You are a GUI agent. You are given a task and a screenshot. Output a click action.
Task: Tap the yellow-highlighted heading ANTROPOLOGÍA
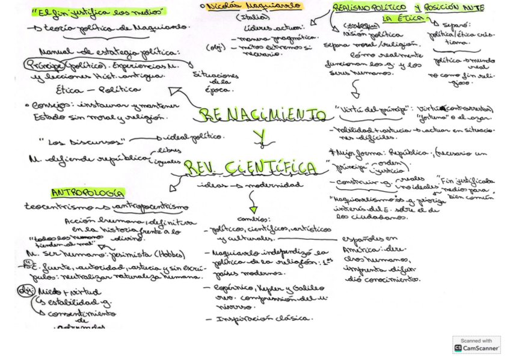pyautogui.click(x=88, y=193)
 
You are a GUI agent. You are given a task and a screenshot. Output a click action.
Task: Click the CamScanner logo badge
pyautogui.click(x=476, y=344)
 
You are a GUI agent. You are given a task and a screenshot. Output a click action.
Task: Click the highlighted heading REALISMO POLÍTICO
pyautogui.click(x=370, y=7)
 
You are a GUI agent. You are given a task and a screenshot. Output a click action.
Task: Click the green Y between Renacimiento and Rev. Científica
pyautogui.click(x=260, y=138)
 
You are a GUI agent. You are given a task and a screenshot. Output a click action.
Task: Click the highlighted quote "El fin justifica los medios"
pyautogui.click(x=99, y=11)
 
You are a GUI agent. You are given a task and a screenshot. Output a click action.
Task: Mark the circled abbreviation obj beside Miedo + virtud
pyautogui.click(x=25, y=291)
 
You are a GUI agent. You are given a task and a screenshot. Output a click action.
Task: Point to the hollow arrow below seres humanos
pyautogui.click(x=355, y=90)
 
